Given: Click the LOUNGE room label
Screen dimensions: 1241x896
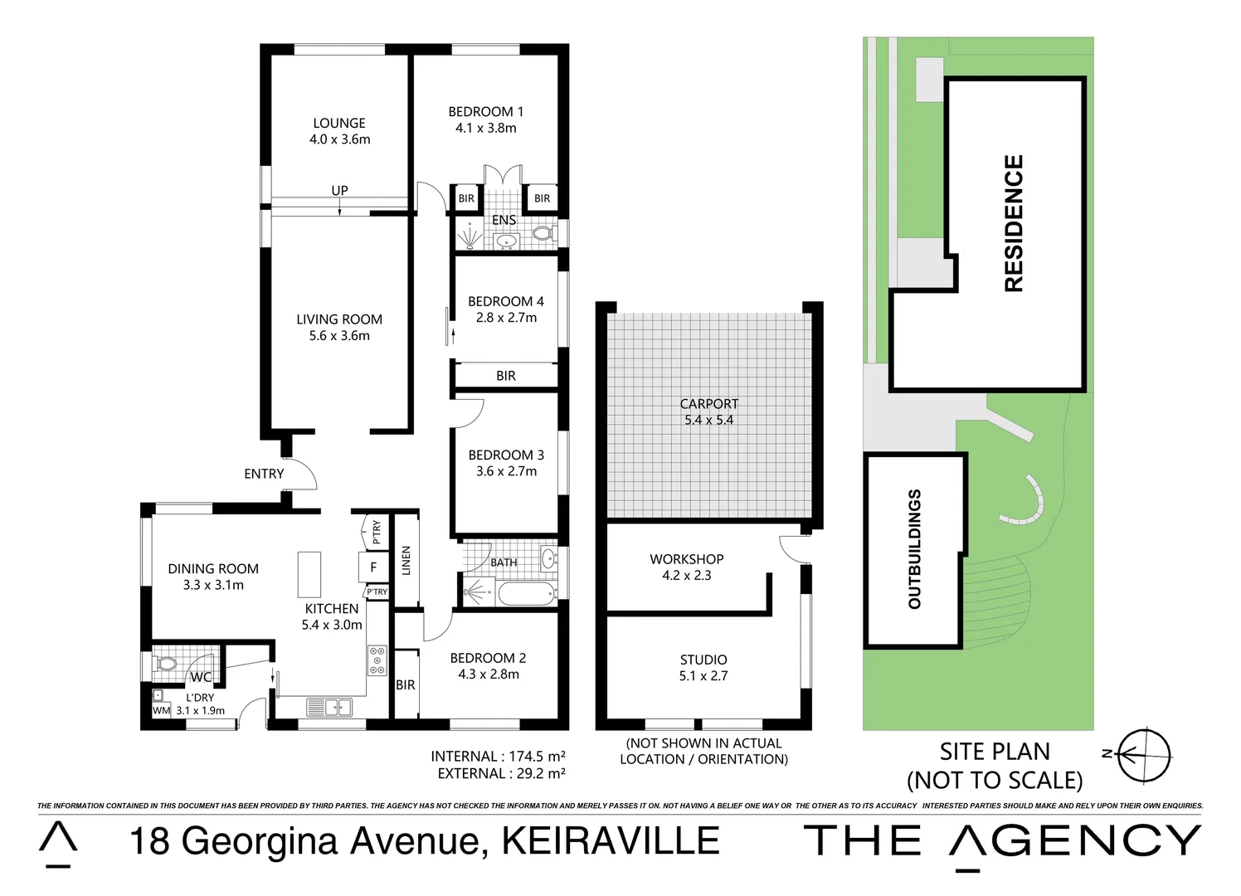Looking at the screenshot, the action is point(339,123).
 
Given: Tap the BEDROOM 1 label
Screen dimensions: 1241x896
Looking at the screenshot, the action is point(485,111).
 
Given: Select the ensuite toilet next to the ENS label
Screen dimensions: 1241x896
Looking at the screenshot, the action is point(545,234).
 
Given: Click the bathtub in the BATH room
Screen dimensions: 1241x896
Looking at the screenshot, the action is point(527,593).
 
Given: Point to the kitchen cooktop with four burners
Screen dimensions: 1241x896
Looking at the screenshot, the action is point(377,660).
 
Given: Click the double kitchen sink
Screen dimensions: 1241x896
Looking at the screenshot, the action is point(329,709).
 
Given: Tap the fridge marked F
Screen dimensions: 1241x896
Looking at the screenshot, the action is point(373,567).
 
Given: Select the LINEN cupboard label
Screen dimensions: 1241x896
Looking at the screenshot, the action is point(406,561).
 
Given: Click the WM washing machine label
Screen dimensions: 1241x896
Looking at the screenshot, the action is point(161,710).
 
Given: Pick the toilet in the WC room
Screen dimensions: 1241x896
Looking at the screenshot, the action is point(166,663).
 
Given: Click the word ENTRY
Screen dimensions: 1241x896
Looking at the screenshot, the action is point(264,474).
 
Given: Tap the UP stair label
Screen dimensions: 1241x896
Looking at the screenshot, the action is point(339,190).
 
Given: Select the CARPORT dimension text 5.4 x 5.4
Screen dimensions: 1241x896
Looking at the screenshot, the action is point(708,420).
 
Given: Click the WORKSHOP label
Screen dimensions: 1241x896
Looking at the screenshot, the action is point(686,559).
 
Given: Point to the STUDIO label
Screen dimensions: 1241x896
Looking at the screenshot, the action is point(703,660).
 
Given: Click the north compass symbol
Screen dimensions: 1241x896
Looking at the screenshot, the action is point(1144,753).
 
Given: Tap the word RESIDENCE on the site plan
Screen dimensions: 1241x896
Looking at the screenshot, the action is point(1014,223).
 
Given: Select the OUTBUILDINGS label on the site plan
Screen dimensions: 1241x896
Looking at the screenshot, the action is point(914,549).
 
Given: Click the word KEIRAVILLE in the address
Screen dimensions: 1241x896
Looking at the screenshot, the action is point(611,840).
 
